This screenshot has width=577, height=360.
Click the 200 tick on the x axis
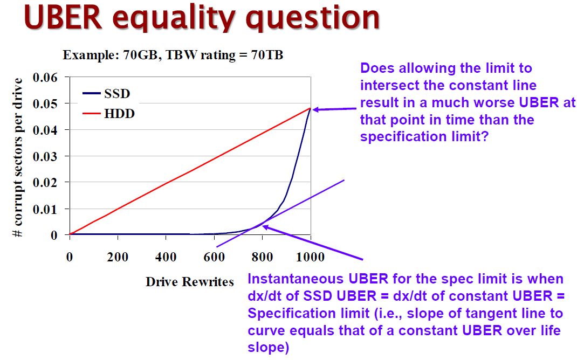click(117, 257)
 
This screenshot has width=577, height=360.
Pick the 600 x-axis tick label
click(214, 257)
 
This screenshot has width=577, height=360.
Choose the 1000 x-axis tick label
click(310, 257)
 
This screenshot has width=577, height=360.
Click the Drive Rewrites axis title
click(190, 281)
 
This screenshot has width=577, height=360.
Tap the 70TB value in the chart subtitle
click(269, 55)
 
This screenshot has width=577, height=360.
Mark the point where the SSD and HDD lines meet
click(311, 108)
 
